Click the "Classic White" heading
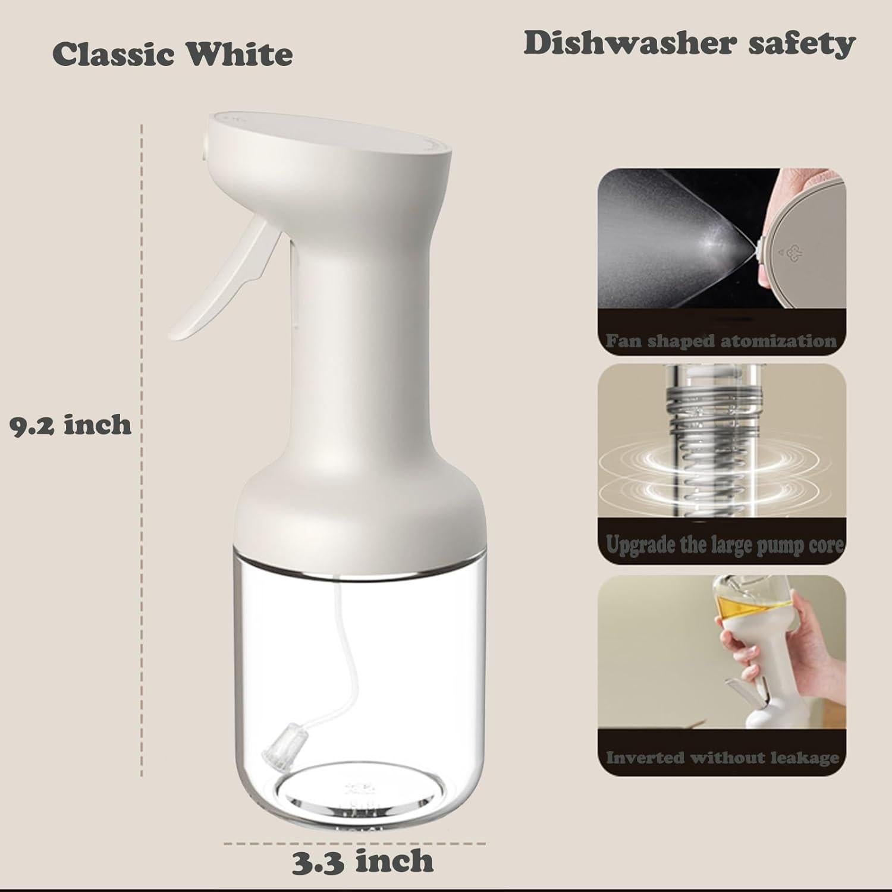pyautogui.click(x=172, y=55)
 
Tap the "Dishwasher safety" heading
pyautogui.click(x=689, y=44)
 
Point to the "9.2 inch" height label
pyautogui.click(x=71, y=425)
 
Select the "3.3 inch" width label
pyautogui.click(x=362, y=860)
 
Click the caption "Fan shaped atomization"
pyautogui.click(x=721, y=341)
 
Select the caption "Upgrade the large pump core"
pyautogui.click(x=724, y=545)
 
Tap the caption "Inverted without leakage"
pyautogui.click(x=723, y=758)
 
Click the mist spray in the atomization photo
pyautogui.click(x=666, y=238)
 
